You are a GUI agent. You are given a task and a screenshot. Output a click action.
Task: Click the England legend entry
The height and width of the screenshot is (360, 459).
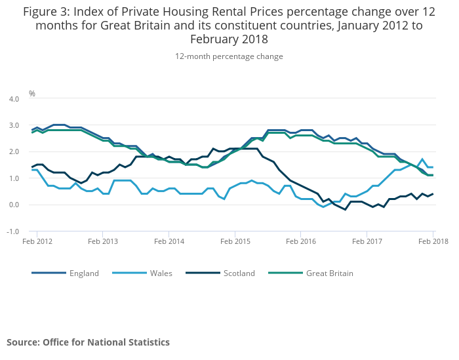(x=84, y=273)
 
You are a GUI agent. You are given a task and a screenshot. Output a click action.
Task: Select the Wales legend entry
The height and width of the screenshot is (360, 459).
(x=160, y=273)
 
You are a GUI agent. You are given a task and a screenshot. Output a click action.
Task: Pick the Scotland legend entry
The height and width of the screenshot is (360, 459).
(x=238, y=273)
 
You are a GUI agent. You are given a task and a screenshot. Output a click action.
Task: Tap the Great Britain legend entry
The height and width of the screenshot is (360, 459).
(x=329, y=273)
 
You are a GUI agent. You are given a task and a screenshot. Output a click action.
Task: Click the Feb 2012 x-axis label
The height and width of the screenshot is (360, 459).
(x=37, y=241)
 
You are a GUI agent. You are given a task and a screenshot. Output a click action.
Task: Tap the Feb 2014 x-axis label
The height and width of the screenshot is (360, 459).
(x=169, y=241)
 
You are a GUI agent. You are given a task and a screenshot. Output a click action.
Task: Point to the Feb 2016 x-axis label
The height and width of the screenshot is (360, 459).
(x=300, y=241)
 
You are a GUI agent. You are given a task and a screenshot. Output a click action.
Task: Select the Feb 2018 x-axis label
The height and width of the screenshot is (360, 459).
(x=432, y=241)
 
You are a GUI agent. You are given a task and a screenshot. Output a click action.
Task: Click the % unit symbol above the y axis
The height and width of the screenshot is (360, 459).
(x=32, y=94)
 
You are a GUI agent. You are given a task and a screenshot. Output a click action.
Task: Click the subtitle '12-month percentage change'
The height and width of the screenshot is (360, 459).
(x=229, y=56)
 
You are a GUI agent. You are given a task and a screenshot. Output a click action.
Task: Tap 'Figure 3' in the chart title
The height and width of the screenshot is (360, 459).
(x=47, y=11)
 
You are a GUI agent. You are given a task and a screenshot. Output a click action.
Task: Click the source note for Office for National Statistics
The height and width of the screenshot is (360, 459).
(x=88, y=342)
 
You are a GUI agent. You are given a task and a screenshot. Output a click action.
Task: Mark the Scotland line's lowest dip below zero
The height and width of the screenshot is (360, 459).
(x=345, y=210)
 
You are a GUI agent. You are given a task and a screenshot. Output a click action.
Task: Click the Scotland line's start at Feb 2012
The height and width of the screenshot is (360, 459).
(x=32, y=167)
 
